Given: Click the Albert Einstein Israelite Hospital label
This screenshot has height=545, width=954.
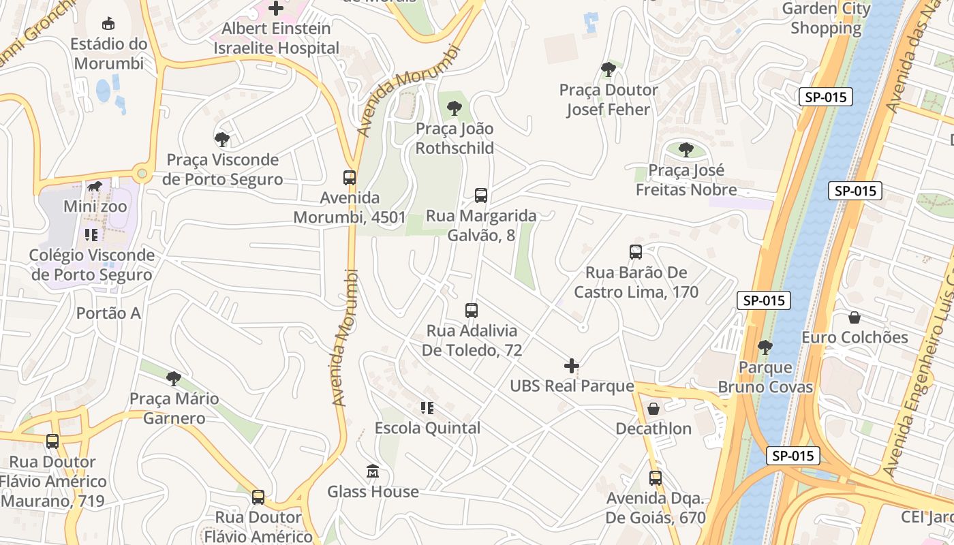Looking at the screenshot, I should (x=276, y=39).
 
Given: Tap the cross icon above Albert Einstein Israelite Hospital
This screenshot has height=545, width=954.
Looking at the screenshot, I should (x=276, y=8).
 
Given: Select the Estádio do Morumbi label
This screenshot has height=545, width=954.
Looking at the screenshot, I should (x=109, y=54).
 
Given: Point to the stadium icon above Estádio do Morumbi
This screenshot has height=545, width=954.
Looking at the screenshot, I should (x=108, y=24).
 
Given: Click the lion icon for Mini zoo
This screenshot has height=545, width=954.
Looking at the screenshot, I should (x=95, y=186).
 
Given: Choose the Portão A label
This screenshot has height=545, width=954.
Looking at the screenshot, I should (x=108, y=313).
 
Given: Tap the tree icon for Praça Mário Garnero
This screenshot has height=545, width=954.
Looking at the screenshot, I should (x=174, y=378).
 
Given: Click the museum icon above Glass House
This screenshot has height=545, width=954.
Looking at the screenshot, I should (x=373, y=471).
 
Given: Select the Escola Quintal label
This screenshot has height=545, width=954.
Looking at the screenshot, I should (x=427, y=428).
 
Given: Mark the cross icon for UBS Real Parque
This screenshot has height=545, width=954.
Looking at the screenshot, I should (x=572, y=366).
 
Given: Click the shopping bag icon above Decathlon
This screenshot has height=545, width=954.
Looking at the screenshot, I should (x=653, y=409).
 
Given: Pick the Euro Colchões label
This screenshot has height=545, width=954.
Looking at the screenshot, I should (x=855, y=337).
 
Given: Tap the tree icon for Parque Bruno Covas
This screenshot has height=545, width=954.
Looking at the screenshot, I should (x=765, y=347).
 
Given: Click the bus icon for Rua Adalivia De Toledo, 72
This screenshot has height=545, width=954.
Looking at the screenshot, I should (x=472, y=311).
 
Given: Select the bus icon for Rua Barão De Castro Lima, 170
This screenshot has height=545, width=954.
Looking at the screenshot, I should (x=636, y=252).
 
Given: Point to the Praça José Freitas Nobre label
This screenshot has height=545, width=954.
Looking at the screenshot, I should (x=686, y=180).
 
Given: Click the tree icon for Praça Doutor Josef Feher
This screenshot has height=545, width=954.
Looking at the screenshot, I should (x=609, y=69).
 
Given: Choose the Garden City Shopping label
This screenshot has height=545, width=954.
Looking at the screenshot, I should (x=826, y=18).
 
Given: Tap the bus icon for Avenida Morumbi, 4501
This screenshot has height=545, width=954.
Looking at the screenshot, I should (x=350, y=178).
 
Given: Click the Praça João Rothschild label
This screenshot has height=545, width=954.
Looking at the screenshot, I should (x=455, y=138).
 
